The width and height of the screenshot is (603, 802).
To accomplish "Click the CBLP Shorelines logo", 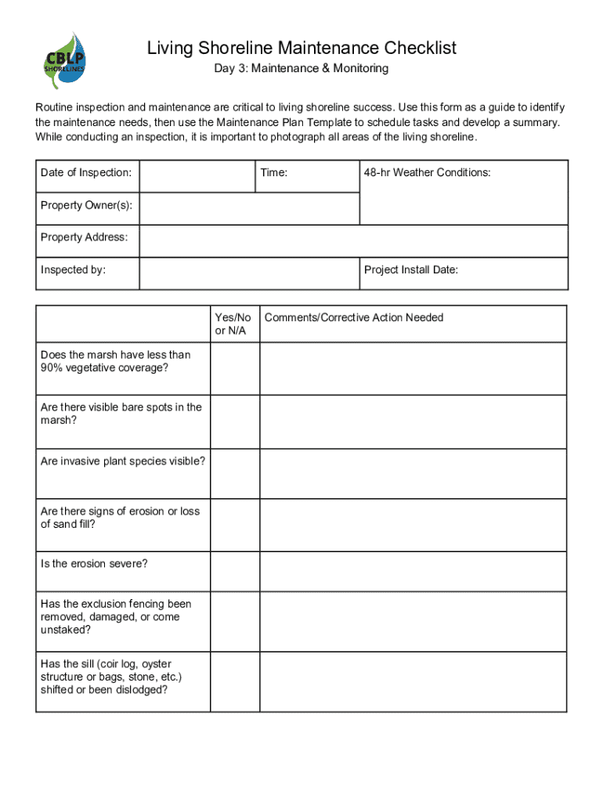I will [x=64, y=60].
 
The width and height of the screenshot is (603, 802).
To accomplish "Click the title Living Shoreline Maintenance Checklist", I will [x=301, y=49].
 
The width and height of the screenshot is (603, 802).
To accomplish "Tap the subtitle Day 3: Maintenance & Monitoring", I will [x=301, y=69].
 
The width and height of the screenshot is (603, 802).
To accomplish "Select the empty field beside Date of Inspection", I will [x=197, y=176].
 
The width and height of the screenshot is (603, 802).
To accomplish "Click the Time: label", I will [x=274, y=172].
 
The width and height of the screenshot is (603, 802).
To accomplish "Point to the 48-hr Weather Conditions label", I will [x=428, y=172].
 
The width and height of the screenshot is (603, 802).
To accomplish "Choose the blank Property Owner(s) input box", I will [x=249, y=208].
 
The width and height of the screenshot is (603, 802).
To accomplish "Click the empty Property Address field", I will [x=353, y=241].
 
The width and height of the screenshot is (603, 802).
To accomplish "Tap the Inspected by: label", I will [x=74, y=270].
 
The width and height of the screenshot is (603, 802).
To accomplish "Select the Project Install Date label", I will [x=411, y=270].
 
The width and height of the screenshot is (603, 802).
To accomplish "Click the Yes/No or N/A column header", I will [x=233, y=323].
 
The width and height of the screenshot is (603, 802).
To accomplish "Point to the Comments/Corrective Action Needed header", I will [x=354, y=317].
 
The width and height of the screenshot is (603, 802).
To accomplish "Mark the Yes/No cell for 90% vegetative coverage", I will [x=234, y=369].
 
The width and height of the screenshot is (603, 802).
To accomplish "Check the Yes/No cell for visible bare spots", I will [x=234, y=421].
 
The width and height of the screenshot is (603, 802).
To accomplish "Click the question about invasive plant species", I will [x=123, y=461].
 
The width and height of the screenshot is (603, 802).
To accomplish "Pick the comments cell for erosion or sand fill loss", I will [x=413, y=525].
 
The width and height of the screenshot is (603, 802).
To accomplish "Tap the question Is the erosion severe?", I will [x=95, y=564].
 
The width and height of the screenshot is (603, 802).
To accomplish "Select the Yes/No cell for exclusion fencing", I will [x=234, y=621].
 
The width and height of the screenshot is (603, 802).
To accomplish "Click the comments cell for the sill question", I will [x=413, y=681].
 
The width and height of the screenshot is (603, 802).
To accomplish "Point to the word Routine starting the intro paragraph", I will [x=56, y=107].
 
